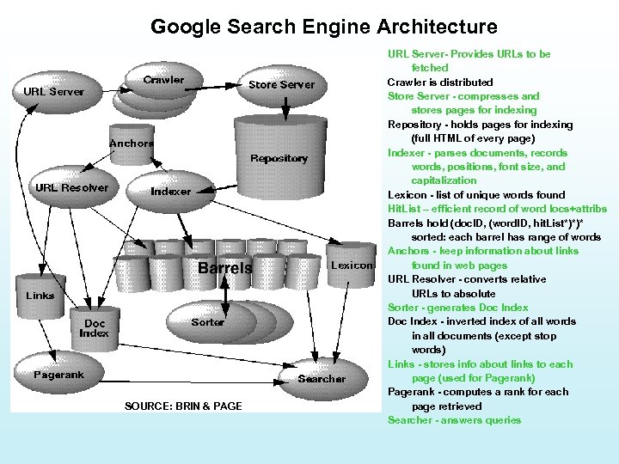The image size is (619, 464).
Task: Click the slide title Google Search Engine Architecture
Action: pyautogui.click(x=323, y=27)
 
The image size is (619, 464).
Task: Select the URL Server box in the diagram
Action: pyautogui.click(x=54, y=91)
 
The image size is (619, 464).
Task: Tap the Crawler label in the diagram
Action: pyautogui.click(x=163, y=80)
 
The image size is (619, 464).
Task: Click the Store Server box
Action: pyautogui.click(x=281, y=84)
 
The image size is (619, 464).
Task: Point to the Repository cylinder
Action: pyautogui.click(x=279, y=158)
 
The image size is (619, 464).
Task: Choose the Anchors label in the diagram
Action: pyautogui.click(x=132, y=143)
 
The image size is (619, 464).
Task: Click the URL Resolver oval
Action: pyautogui.click(x=71, y=187)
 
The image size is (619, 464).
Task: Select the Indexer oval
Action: pyautogui.click(x=170, y=191)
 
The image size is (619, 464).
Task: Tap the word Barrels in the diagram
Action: pyautogui.click(x=225, y=268)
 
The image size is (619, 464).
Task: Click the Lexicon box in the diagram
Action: pyautogui.click(x=352, y=266)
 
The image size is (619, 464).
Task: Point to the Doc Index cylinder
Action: pyautogui.click(x=94, y=329)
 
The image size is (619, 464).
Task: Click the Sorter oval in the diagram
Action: pyautogui.click(x=207, y=322)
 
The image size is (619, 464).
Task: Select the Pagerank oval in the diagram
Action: pyautogui.click(x=58, y=375)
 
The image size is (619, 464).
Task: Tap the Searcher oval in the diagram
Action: pyautogui.click(x=322, y=378)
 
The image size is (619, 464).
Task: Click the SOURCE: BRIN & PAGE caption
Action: pyautogui.click(x=183, y=406)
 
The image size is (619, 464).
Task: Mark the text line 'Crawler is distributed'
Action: pyautogui.click(x=440, y=82)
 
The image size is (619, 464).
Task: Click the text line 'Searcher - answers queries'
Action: pyautogui.click(x=454, y=420)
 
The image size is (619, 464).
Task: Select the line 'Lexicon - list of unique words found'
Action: pyautogui.click(x=476, y=194)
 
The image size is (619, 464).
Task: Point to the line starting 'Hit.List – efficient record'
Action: pyautogui.click(x=497, y=208)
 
